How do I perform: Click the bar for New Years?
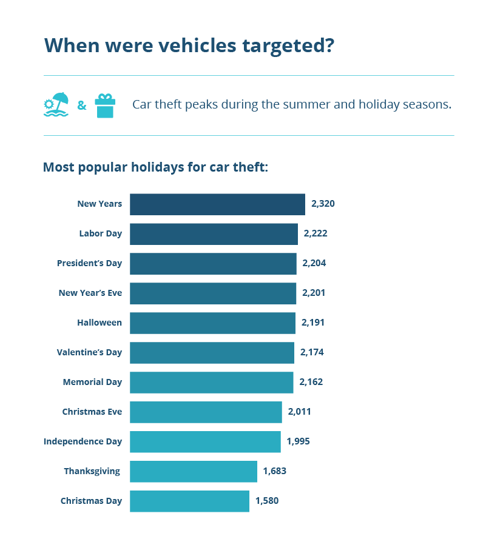click(217, 204)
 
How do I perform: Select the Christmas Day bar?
click(189, 501)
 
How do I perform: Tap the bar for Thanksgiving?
click(194, 471)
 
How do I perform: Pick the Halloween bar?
click(212, 323)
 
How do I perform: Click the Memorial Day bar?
click(211, 382)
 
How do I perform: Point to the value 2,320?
click(323, 204)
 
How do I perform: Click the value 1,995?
click(298, 441)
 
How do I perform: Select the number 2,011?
click(299, 412)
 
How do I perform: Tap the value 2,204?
click(314, 263)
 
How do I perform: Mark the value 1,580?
click(266, 501)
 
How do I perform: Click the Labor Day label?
click(100, 233)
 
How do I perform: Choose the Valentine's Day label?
click(89, 352)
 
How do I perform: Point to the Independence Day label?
click(83, 441)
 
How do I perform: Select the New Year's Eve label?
click(90, 293)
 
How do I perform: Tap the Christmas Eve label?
click(92, 412)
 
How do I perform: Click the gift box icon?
click(105, 106)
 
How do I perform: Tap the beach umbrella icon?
click(56, 105)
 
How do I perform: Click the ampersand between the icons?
click(81, 106)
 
